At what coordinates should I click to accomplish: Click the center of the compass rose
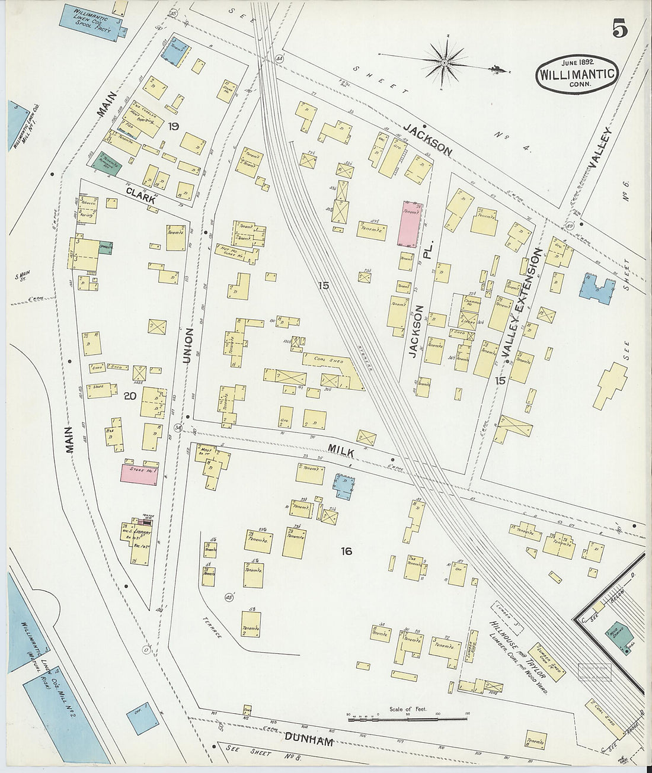[444, 62]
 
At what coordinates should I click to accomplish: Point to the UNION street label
[188, 345]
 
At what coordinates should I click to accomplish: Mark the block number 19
[173, 126]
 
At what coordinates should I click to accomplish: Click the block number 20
[129, 396]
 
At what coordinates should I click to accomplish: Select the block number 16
[346, 551]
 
